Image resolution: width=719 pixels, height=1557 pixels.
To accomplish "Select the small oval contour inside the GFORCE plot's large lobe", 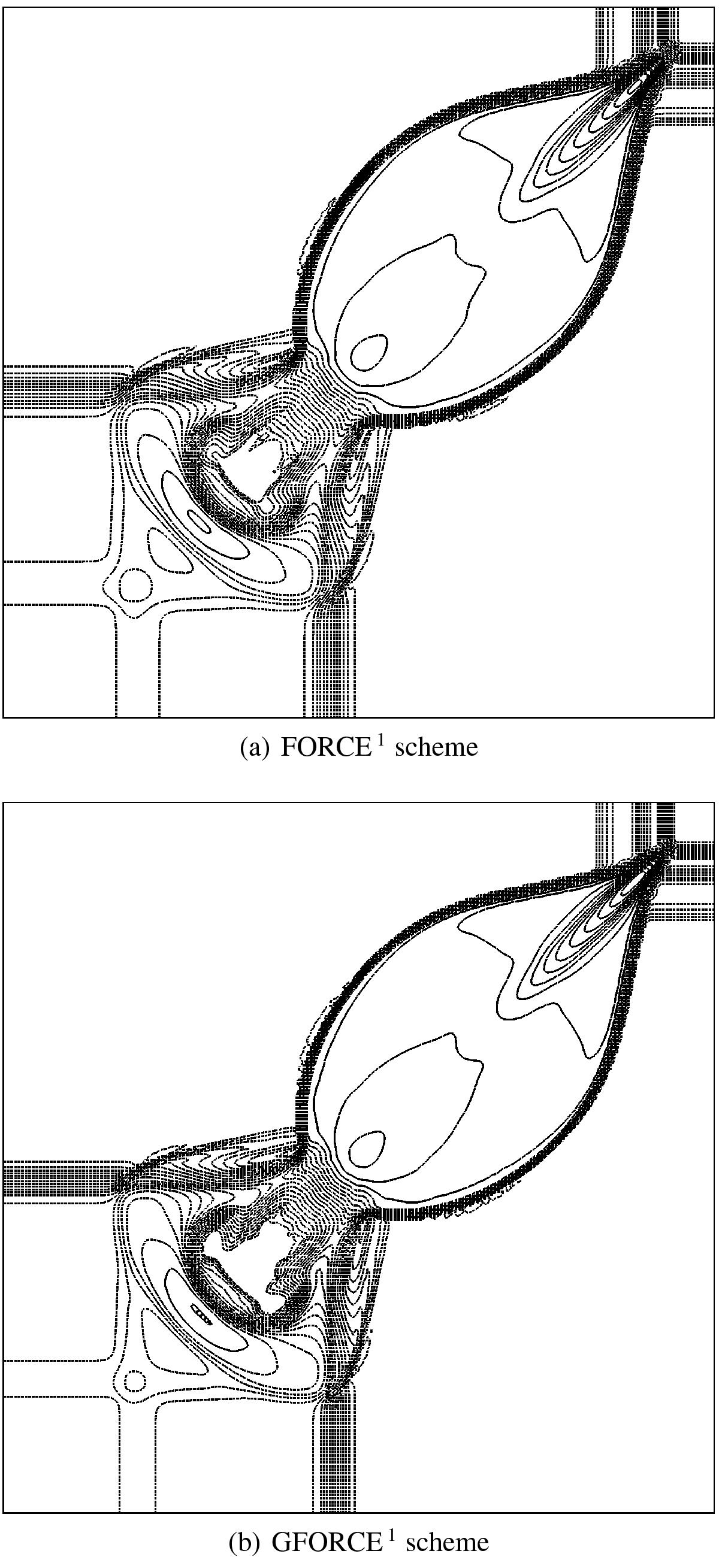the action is [367, 1149].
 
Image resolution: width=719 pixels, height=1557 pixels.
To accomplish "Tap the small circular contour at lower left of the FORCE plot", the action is [135, 584].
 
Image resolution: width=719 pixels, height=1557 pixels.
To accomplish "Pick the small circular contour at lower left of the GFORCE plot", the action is [134, 1377].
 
